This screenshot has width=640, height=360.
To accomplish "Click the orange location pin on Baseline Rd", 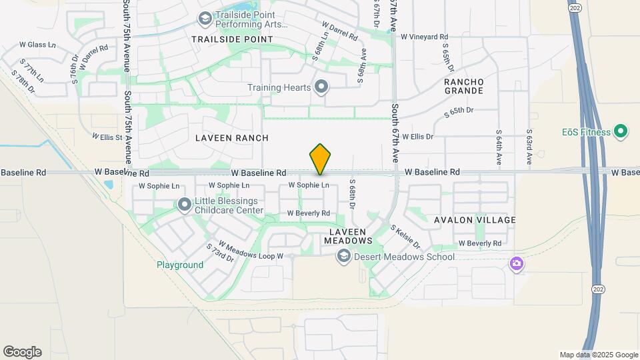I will click(320, 159).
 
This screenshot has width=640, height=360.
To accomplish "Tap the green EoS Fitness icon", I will click(621, 131).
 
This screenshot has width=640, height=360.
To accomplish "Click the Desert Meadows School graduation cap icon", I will click(343, 257).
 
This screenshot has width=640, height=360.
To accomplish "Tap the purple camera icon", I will click(516, 264).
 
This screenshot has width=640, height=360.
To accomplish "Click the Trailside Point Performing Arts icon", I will click(205, 18).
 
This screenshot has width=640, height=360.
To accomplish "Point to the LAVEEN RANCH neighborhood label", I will click(232, 138).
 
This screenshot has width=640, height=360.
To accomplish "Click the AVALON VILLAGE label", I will click(475, 220).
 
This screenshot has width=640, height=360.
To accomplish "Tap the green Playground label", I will click(180, 265).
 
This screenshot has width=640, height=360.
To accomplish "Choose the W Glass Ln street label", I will click(37, 45).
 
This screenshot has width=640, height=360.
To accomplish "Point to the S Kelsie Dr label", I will click(405, 236).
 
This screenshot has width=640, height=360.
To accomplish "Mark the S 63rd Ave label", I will click(529, 147).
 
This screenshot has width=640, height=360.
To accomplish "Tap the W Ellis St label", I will click(109, 138).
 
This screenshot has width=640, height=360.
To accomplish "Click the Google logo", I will click(22, 352).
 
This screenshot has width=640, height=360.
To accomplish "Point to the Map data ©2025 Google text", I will click(598, 355).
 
